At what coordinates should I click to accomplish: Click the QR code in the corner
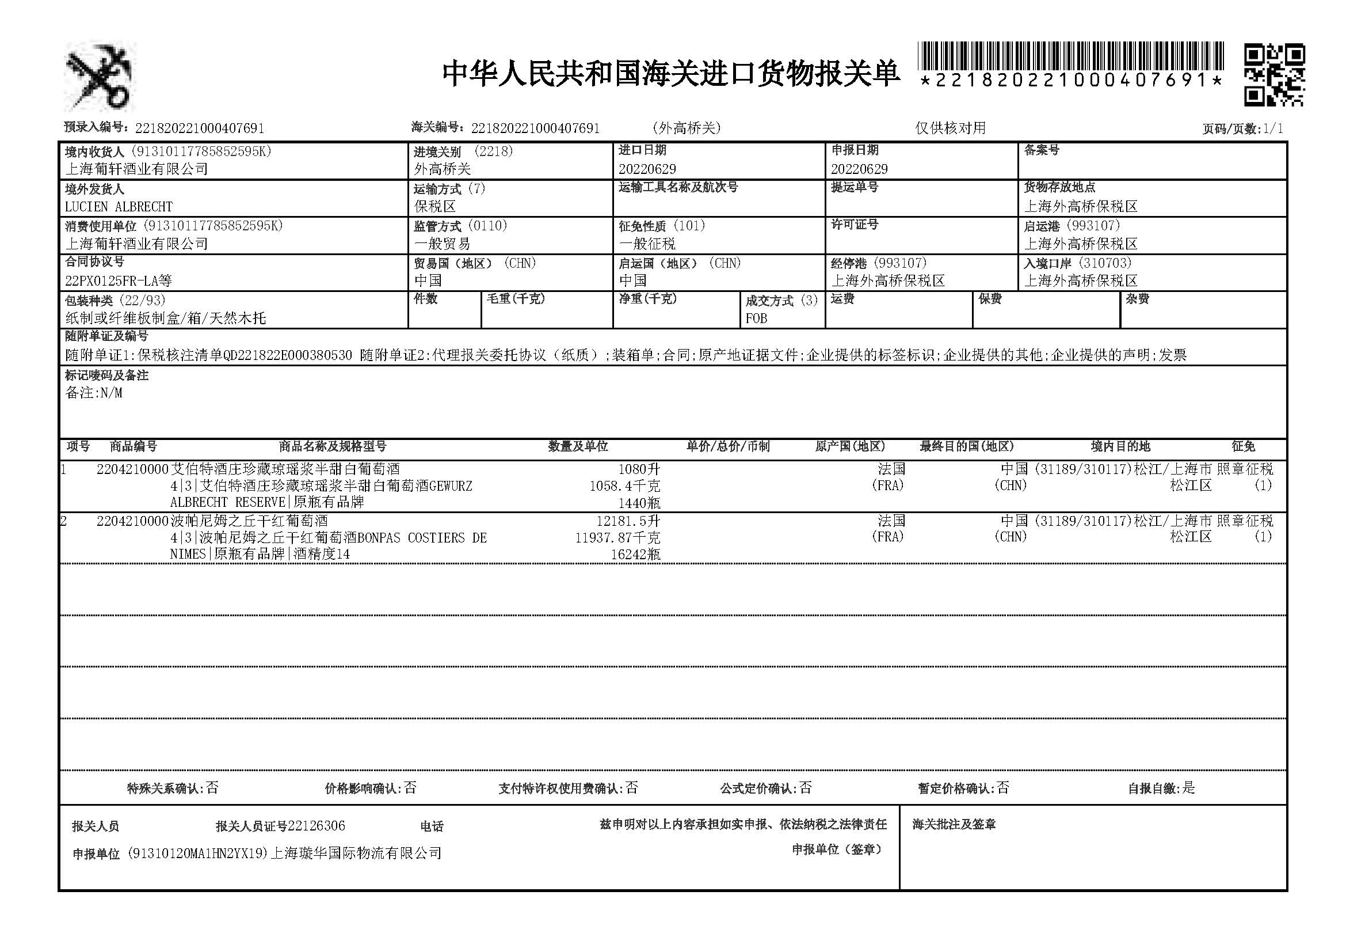pos(1274,75)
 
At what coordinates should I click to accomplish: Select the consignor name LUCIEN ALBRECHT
pos(119,207)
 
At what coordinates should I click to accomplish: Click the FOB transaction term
pos(756,318)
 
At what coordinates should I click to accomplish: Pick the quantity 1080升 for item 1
pos(639,469)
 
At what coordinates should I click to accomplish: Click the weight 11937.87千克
pos(618,538)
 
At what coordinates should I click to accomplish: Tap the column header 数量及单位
pos(578,447)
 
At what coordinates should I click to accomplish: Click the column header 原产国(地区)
pos(849,447)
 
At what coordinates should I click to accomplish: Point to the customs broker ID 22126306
pos(317,826)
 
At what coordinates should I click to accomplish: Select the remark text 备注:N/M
pos(94,393)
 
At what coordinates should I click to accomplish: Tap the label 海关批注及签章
pos(954,825)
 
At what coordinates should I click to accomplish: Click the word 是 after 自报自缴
pos(1188,788)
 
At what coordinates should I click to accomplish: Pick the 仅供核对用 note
pos(950,128)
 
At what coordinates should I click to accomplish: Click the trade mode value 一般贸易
pos(442,244)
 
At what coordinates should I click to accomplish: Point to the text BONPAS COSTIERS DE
pos(422,538)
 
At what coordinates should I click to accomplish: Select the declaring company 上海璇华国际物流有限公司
pos(355,854)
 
